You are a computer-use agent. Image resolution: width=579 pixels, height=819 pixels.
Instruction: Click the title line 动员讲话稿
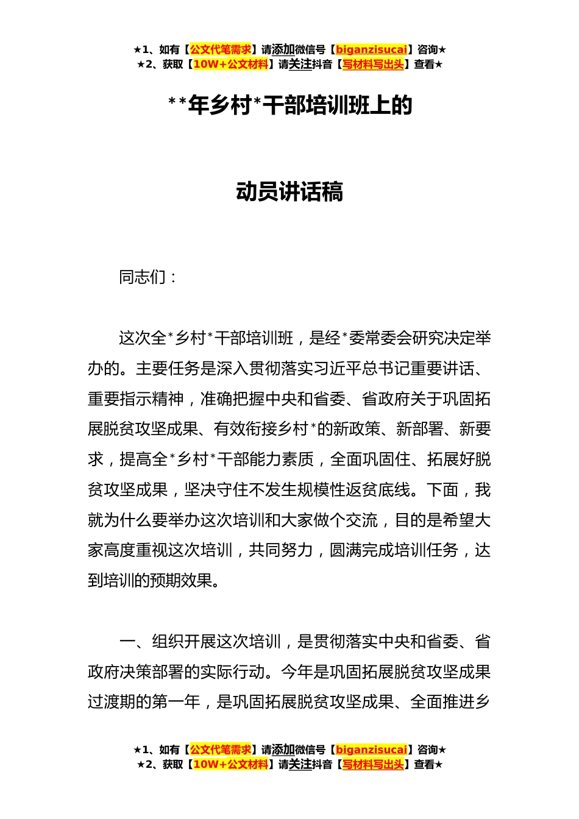(x=289, y=192)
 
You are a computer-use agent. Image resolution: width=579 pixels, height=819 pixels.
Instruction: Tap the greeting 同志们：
(x=148, y=277)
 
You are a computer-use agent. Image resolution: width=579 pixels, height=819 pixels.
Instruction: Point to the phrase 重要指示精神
(x=136, y=399)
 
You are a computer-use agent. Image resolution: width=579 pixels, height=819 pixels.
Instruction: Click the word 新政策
(x=357, y=429)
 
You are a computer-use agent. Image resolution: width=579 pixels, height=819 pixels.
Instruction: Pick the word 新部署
(x=420, y=429)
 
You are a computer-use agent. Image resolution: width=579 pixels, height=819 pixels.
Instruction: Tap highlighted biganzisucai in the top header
(x=371, y=50)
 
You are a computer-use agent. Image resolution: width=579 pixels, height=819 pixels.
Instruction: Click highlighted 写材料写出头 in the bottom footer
(x=373, y=764)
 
